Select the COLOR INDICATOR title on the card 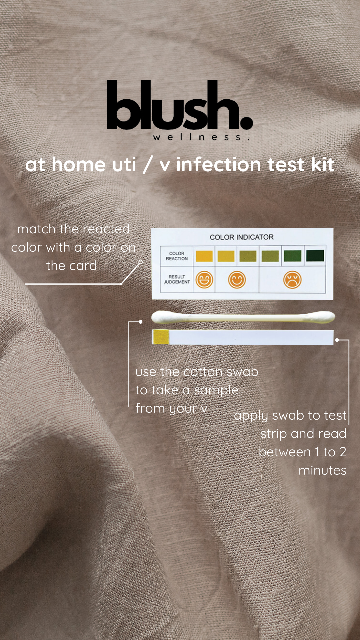coord(242,237)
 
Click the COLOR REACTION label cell coord(177,256)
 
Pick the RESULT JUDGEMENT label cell coord(177,279)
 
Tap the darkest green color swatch coord(315,256)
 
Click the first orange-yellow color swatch coord(204,256)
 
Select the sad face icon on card coord(292,280)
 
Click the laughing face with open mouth coord(204,280)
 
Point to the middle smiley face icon coord(237,280)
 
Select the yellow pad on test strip coord(161,337)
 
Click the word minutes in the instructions coord(322,470)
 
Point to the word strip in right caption coord(274,434)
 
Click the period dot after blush coord(246,123)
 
